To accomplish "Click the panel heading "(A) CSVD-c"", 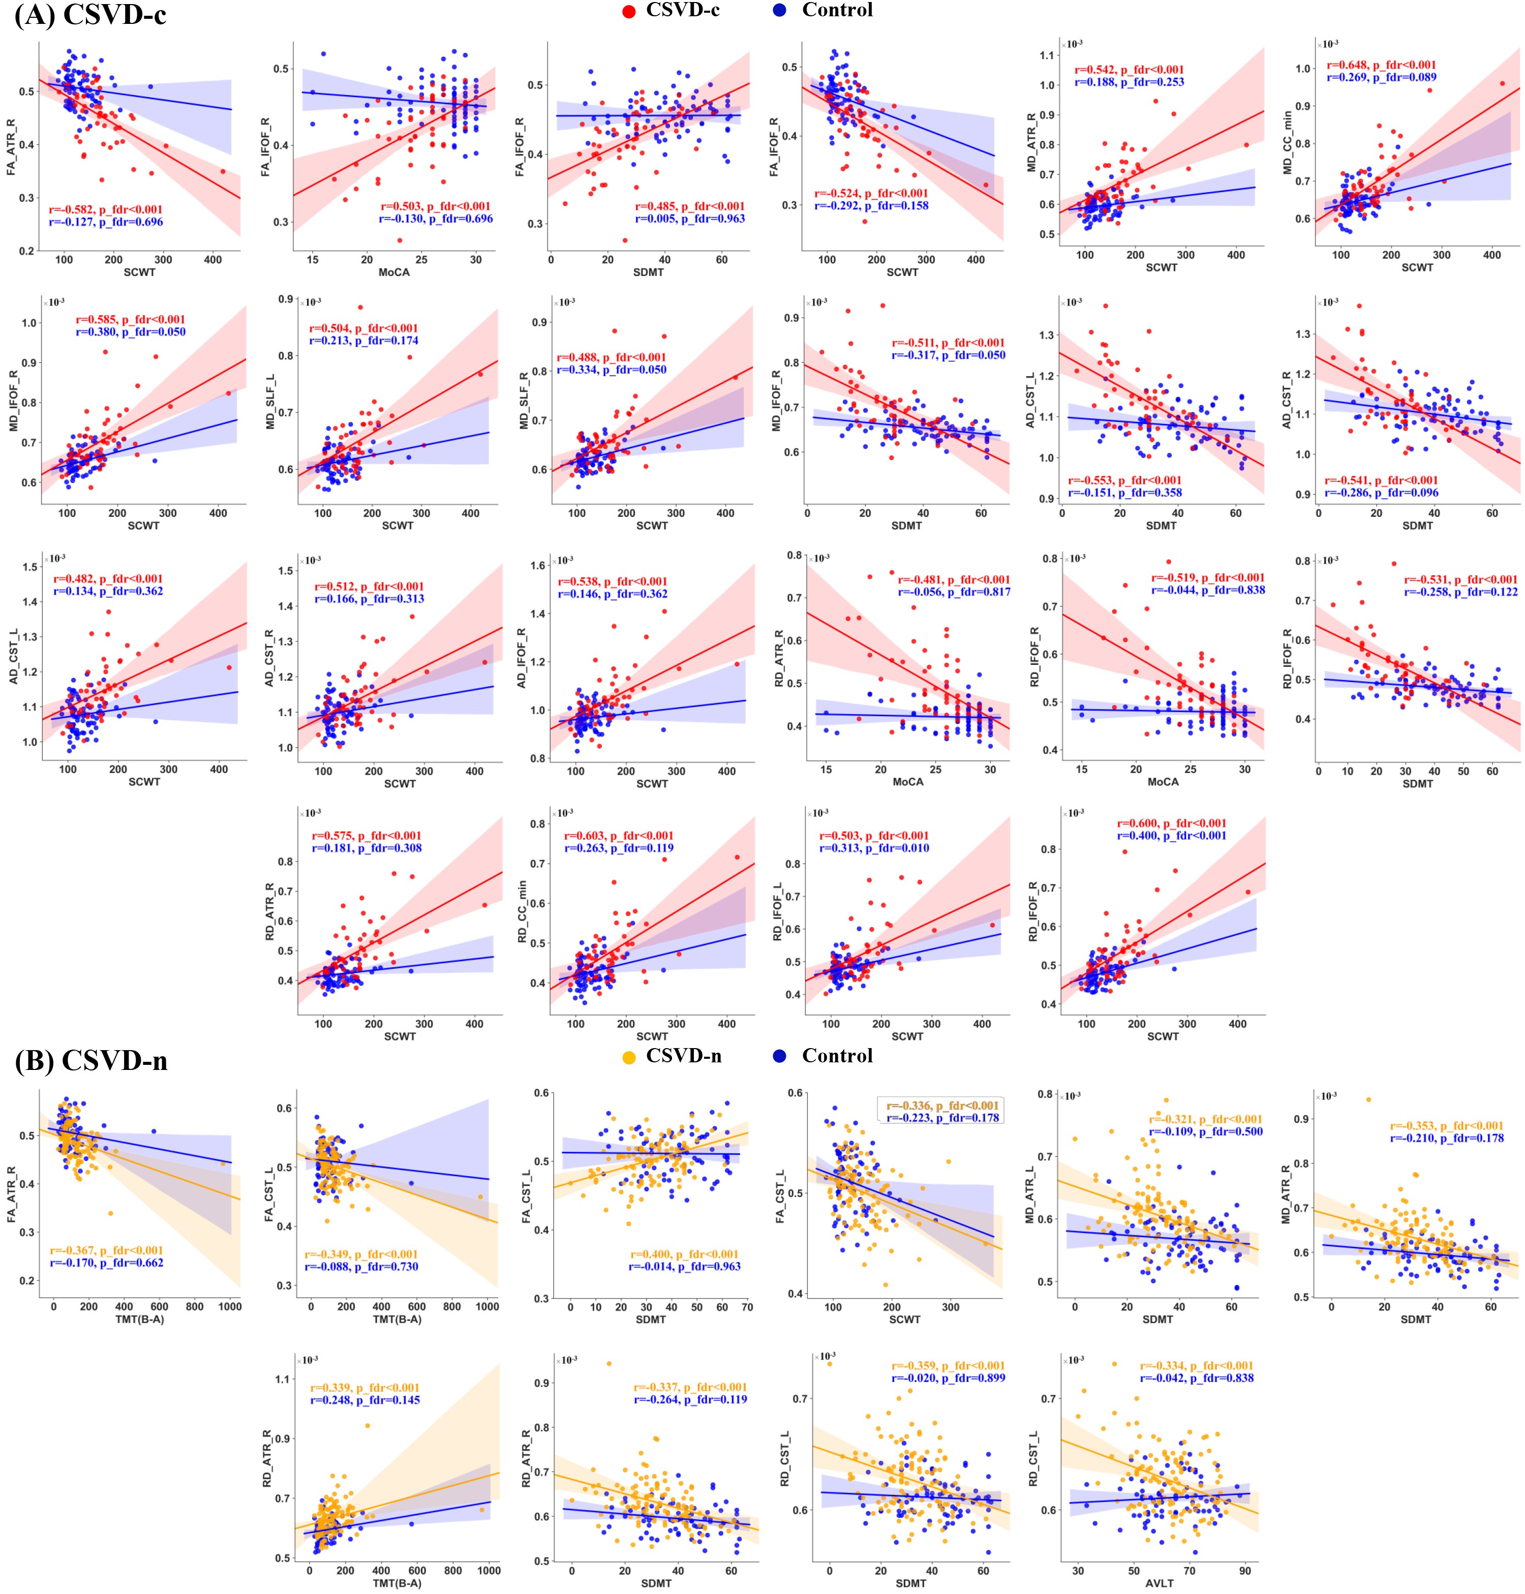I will (x=90, y=15).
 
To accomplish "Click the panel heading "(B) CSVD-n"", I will (x=91, y=1061).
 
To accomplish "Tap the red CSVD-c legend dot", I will (x=628, y=11).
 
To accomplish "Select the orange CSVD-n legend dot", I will (x=628, y=1057).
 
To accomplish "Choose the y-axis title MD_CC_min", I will (x=1287, y=143).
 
